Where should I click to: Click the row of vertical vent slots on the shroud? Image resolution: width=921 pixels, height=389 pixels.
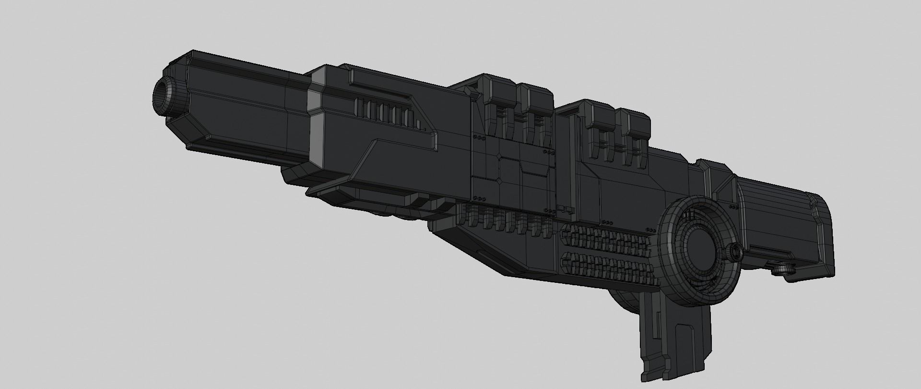click(x=386, y=113)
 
